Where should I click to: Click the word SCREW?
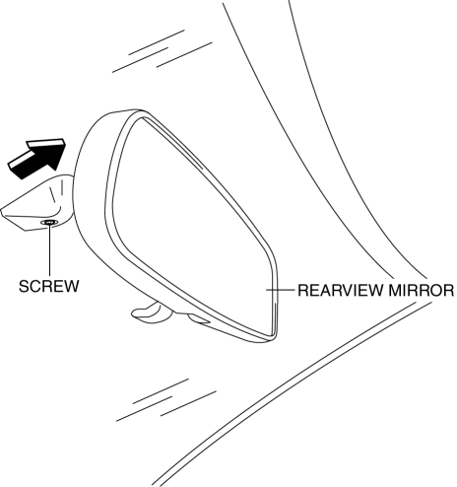tap(49, 286)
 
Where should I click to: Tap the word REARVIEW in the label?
tap(341, 290)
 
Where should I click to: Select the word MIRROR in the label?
tap(422, 290)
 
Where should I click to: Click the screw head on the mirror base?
tap(49, 223)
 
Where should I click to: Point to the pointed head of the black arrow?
tap(63, 143)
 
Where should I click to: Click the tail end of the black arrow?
tap(15, 167)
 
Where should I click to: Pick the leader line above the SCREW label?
tap(49, 249)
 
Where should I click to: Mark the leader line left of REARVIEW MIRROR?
tap(280, 290)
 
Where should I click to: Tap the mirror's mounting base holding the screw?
tap(36, 205)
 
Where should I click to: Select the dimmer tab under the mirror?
tap(149, 313)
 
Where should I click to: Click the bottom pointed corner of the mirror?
tap(272, 338)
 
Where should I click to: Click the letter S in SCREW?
tap(24, 286)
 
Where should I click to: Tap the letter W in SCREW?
tap(72, 286)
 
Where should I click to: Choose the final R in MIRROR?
tap(449, 290)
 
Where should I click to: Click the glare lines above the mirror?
tap(163, 51)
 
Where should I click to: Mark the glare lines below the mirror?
tap(166, 400)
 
